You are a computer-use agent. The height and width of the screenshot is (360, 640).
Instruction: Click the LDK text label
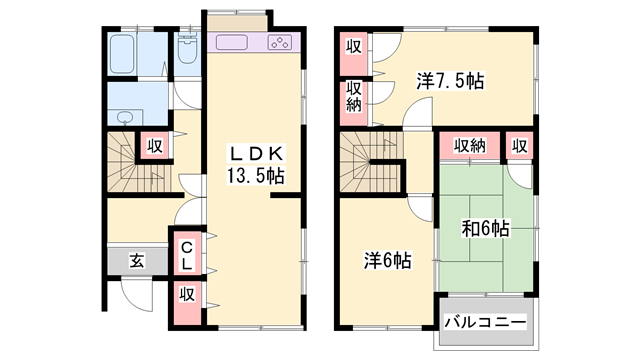coord(258,154)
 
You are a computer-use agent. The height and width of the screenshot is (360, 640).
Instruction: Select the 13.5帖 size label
coord(258,177)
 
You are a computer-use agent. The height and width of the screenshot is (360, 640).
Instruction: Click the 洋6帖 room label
coord(386,260)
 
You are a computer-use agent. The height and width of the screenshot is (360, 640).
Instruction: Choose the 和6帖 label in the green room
coord(485,229)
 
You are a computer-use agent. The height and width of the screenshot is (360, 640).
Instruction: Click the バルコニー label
coord(486,322)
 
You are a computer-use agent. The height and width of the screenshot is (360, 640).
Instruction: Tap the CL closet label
coord(187,254)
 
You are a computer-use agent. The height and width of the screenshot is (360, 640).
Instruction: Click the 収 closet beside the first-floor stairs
coord(154,146)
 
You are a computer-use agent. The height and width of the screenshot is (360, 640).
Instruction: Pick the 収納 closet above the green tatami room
coord(470,146)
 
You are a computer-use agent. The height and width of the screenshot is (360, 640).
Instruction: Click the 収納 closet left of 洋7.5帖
coord(354,98)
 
